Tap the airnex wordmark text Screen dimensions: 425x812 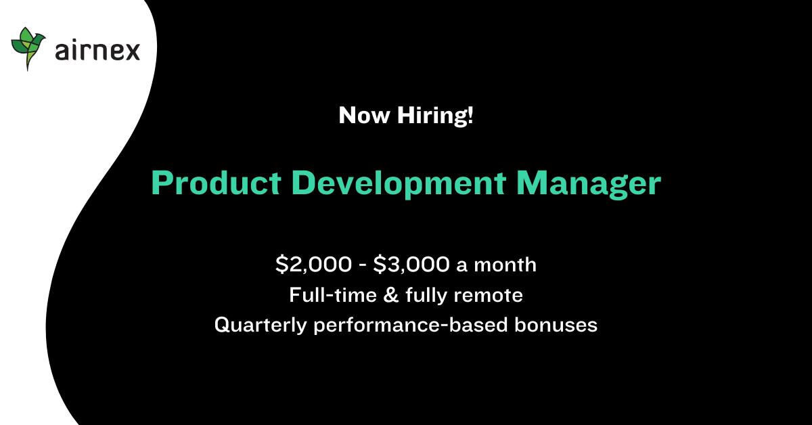(97, 50)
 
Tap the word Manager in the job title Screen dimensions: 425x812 (588, 183)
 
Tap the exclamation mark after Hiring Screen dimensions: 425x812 (469, 116)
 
